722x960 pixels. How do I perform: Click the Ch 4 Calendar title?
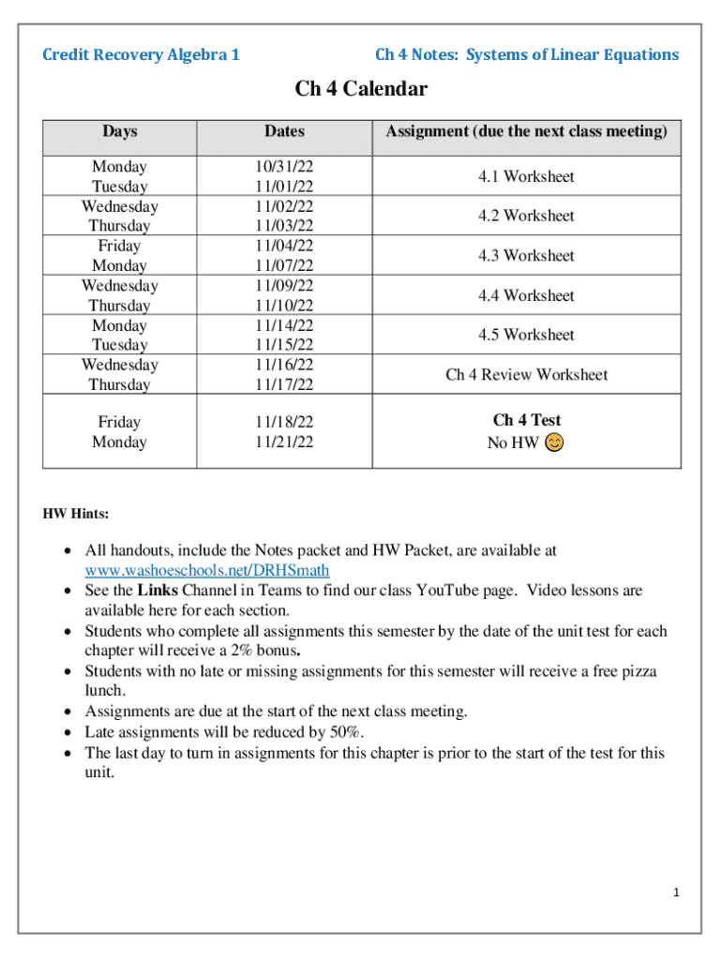[x=361, y=89]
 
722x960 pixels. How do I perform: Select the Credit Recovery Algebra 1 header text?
[x=141, y=54]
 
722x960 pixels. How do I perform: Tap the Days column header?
[x=119, y=131]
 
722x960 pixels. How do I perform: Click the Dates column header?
[x=284, y=131]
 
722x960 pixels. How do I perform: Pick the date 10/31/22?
[x=284, y=167]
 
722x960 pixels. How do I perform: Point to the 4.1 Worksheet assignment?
[x=526, y=176]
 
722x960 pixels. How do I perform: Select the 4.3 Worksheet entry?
[x=526, y=255]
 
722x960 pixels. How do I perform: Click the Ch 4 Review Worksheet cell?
[x=526, y=375]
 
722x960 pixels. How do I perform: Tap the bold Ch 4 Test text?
[x=526, y=420]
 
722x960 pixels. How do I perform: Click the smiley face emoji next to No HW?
[x=554, y=442]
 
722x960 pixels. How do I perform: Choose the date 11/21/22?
[x=284, y=442]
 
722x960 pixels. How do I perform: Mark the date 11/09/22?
[x=284, y=286]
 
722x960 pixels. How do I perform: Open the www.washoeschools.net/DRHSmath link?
[x=207, y=571]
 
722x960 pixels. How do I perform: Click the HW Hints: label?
[x=76, y=514]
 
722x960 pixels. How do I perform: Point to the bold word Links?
[x=157, y=591]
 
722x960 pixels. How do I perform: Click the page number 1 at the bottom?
[x=675, y=892]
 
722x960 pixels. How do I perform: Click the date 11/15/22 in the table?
[x=284, y=345]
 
